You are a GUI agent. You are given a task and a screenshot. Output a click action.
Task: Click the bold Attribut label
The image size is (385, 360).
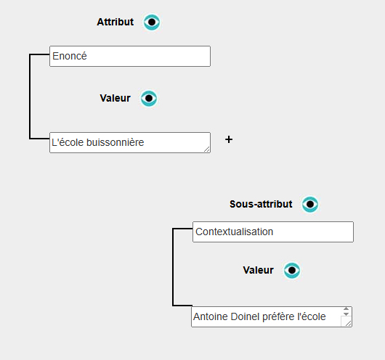[115, 22]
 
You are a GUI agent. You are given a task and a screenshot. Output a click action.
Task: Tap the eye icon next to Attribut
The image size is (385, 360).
[152, 22]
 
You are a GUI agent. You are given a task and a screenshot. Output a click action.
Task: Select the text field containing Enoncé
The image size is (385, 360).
[130, 56]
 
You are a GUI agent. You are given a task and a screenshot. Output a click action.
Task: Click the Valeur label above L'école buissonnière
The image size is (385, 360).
[115, 98]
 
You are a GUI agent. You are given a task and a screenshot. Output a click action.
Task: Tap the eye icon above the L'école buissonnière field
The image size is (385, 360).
[149, 99]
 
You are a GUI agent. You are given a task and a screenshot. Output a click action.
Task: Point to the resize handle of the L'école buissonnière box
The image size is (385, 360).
[207, 150]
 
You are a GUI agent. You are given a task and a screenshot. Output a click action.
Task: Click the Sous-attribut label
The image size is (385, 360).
[261, 204]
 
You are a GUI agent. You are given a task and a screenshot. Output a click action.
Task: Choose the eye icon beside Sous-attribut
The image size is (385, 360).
[310, 204]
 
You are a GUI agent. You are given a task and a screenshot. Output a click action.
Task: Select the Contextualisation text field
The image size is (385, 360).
[273, 232]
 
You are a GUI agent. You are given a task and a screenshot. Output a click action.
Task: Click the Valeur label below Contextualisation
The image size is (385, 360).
[259, 270]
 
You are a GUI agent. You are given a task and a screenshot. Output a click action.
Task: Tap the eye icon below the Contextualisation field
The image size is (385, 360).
[292, 271]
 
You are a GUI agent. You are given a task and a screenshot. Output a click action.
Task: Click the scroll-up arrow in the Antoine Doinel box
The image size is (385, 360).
[346, 309]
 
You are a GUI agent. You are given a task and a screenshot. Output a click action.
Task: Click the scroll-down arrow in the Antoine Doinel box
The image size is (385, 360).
[346, 314]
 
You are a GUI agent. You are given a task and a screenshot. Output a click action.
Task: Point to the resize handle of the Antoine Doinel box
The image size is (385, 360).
[348, 324]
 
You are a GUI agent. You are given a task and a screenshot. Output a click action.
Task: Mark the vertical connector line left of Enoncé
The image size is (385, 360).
[30, 97]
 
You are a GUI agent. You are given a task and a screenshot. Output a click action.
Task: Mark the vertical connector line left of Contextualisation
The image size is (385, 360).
[173, 267]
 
